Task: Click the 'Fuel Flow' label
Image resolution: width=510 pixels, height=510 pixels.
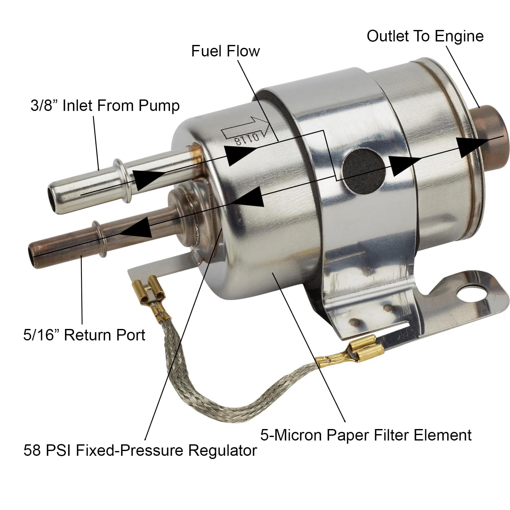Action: click(x=225, y=51)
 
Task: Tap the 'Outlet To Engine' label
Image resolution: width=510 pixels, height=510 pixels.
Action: click(x=425, y=36)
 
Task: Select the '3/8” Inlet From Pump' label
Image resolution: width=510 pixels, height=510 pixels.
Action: click(x=105, y=106)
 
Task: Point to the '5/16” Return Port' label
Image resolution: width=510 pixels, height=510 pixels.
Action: click(x=84, y=335)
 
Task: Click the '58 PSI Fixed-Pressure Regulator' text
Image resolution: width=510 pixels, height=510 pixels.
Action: click(x=140, y=450)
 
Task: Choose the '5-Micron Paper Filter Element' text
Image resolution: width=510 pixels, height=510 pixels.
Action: click(x=366, y=435)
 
